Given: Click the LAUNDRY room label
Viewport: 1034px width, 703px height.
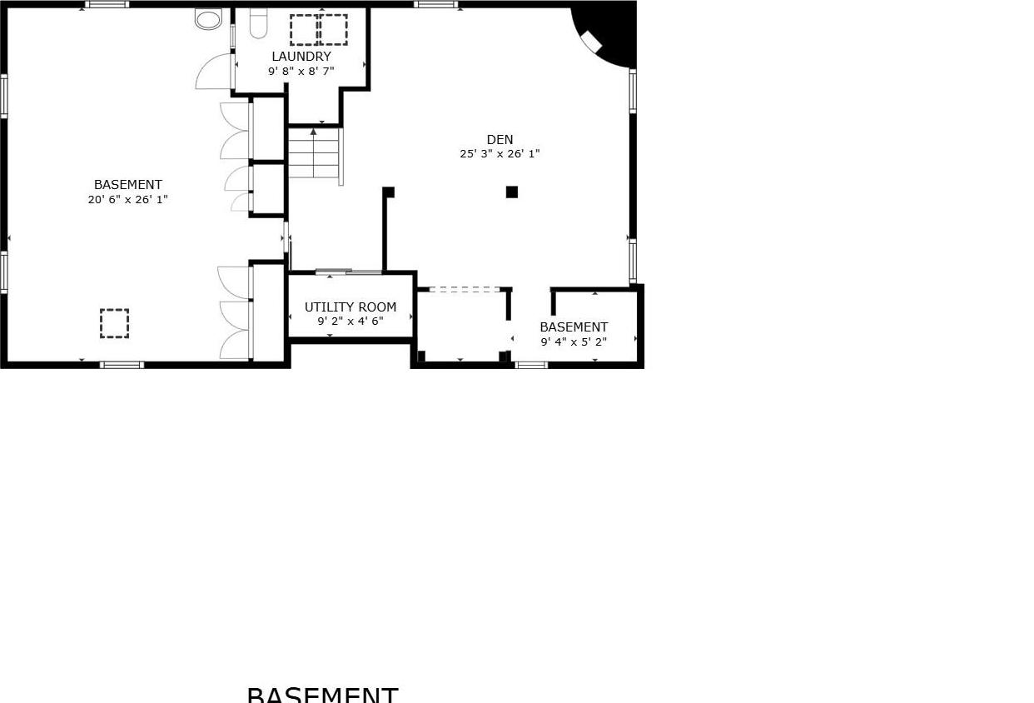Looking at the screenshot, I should pyautogui.click(x=301, y=57).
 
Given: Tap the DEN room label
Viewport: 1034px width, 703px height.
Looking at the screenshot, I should pyautogui.click(x=500, y=140).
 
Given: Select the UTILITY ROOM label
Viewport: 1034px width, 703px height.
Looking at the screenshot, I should pyautogui.click(x=350, y=307).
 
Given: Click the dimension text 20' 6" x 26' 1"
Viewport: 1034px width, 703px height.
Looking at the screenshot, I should pyautogui.click(x=128, y=200).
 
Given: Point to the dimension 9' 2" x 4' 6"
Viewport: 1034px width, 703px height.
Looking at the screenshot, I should pyautogui.click(x=350, y=322).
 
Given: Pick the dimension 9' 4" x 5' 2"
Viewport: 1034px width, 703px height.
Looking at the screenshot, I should pyautogui.click(x=574, y=342).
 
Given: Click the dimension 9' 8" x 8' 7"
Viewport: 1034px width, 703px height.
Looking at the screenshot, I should pyautogui.click(x=301, y=72).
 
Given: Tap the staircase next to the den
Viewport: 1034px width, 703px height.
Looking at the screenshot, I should pyautogui.click(x=314, y=156).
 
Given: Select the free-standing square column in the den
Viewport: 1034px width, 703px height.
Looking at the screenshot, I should pyautogui.click(x=512, y=192).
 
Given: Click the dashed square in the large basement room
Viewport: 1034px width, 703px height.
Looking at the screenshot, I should pyautogui.click(x=115, y=323).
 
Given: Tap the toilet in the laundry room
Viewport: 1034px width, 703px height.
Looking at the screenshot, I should pyautogui.click(x=258, y=23).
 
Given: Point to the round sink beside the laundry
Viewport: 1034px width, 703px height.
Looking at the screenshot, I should pyautogui.click(x=208, y=18).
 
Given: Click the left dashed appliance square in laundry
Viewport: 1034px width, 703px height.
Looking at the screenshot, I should pyautogui.click(x=303, y=30).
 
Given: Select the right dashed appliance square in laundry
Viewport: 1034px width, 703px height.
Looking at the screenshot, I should pyautogui.click(x=333, y=30).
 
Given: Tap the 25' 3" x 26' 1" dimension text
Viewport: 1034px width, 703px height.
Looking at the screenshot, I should pyautogui.click(x=500, y=154).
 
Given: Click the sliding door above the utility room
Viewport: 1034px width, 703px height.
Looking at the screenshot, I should pyautogui.click(x=348, y=272).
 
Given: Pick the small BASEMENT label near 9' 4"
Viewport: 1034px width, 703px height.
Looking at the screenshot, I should pyautogui.click(x=574, y=327).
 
